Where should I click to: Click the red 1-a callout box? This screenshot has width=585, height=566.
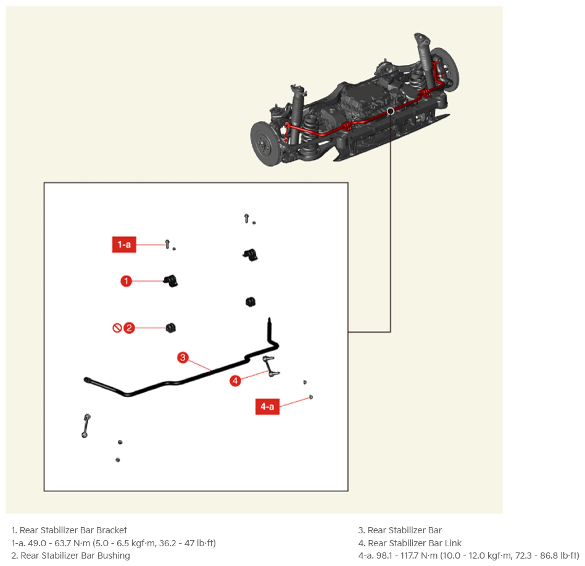point(124,245)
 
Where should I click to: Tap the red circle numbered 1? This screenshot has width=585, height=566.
point(126,281)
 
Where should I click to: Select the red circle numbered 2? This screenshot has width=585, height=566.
point(129,328)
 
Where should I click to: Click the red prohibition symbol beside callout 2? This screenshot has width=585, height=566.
point(117,328)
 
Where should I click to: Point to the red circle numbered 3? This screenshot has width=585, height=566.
point(183,357)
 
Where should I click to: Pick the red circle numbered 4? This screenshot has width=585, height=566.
point(235,381)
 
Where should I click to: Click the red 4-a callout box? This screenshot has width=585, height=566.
point(267,406)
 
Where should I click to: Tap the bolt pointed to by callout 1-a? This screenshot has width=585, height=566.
point(167,244)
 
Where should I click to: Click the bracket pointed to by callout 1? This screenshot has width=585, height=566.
point(171,281)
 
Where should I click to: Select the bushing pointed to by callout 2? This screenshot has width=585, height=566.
point(170,328)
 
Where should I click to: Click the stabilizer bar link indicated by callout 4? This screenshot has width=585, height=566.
point(271,366)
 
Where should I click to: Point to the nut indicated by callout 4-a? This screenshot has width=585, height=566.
point(311,397)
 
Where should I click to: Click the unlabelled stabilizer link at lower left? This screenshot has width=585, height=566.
point(86,426)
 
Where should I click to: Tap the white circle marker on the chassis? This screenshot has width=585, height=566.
point(390,111)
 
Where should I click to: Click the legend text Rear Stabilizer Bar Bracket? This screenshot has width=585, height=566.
point(73,530)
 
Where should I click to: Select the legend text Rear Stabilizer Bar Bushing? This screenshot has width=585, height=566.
point(75,556)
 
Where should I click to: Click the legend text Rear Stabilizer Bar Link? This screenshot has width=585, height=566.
point(415,543)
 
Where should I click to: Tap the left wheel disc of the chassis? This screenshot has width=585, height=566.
point(264,143)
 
